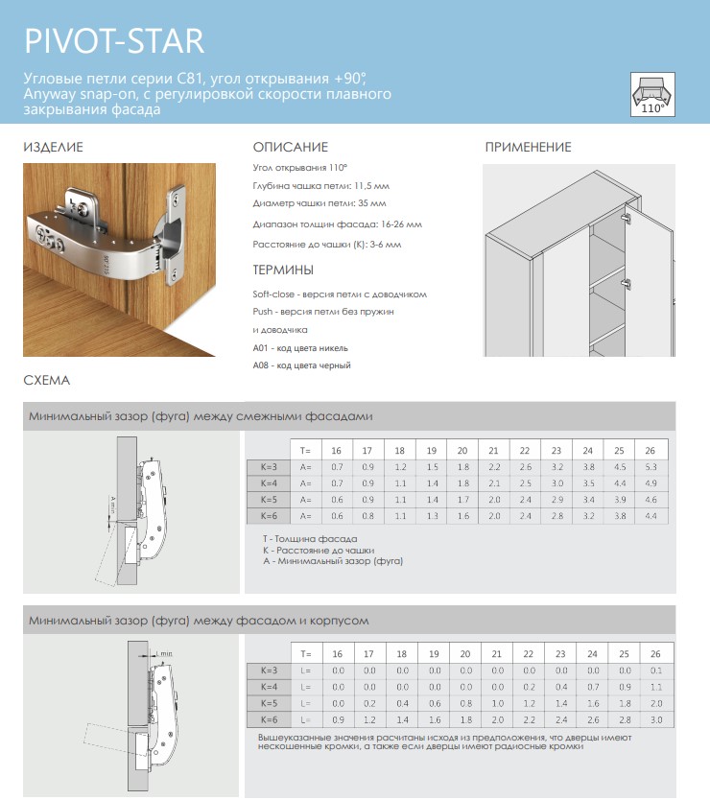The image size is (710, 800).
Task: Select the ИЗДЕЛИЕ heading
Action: (x=53, y=148)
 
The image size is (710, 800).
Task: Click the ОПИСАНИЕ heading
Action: (x=291, y=148)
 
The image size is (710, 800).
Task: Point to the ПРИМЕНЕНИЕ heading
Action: (x=528, y=148)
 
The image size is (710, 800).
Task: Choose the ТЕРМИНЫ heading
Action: (x=283, y=270)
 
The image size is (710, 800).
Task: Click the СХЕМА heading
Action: (x=46, y=381)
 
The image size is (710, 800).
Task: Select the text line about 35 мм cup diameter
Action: (x=319, y=204)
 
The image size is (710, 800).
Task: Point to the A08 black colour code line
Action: (x=301, y=365)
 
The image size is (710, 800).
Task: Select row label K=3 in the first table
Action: (x=268, y=466)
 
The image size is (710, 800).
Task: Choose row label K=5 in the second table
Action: (x=268, y=702)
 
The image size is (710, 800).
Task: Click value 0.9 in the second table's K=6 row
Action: (x=337, y=718)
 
